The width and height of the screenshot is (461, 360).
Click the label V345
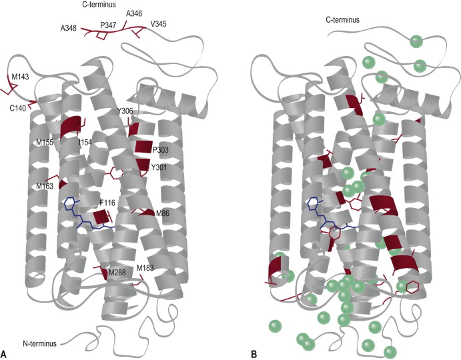tap(159, 24)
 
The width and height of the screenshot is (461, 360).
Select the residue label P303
tap(160, 150)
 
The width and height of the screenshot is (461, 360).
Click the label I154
tap(85, 143)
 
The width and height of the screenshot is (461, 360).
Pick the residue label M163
tap(45, 187)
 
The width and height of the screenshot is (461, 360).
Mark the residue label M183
tap(145, 268)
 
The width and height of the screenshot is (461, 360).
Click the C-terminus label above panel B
tap(343, 20)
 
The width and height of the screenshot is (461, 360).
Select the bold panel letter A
tap(5, 351)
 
